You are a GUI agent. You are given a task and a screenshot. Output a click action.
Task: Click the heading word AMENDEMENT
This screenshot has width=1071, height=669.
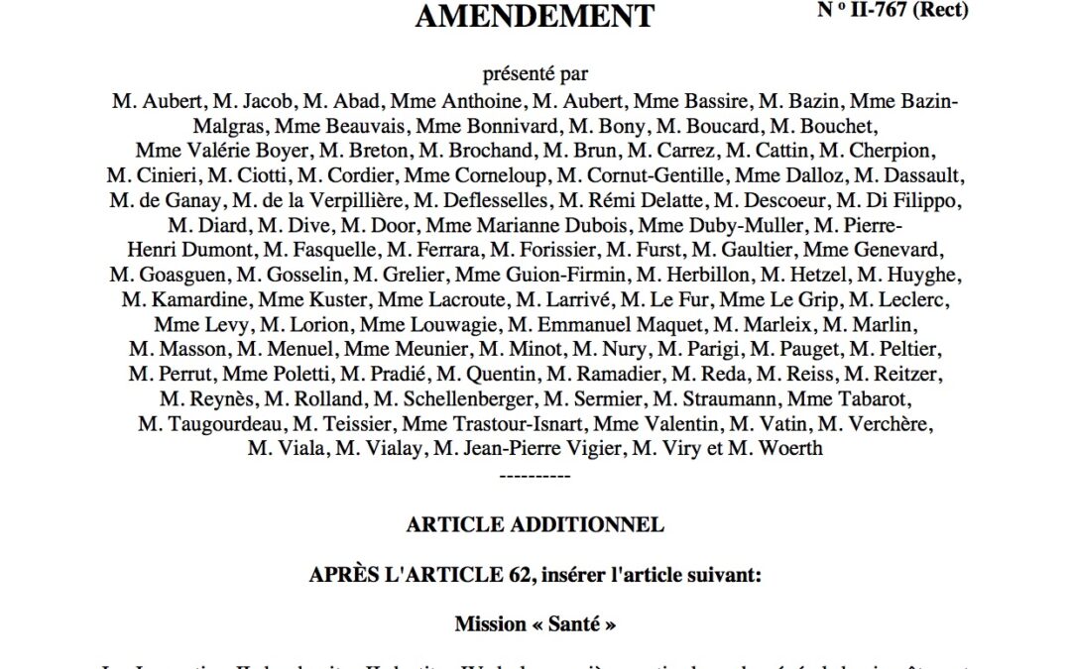click(x=535, y=16)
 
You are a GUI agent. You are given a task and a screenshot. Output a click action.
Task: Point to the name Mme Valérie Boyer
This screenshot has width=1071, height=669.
click(x=201, y=151)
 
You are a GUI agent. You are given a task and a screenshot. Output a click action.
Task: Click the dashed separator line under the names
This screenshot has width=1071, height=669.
click(x=535, y=475)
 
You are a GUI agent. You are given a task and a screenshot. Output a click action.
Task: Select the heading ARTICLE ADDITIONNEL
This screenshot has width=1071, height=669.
click(x=535, y=524)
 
